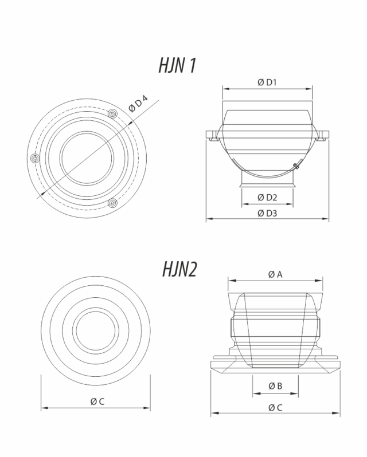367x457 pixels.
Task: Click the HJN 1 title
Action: coord(177,65)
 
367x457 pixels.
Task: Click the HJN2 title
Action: coord(179,269)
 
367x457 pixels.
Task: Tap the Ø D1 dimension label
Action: coord(267,82)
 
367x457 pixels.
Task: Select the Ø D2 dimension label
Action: coord(267,198)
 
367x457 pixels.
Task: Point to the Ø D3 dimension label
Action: coord(267,213)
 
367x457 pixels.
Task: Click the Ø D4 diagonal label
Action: coord(138,103)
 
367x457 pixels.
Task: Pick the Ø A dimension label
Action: coord(275,274)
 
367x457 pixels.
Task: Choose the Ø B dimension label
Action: coord(275,386)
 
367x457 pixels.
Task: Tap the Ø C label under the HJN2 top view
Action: coord(97,401)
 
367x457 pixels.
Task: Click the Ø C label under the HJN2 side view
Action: coord(275,407)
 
